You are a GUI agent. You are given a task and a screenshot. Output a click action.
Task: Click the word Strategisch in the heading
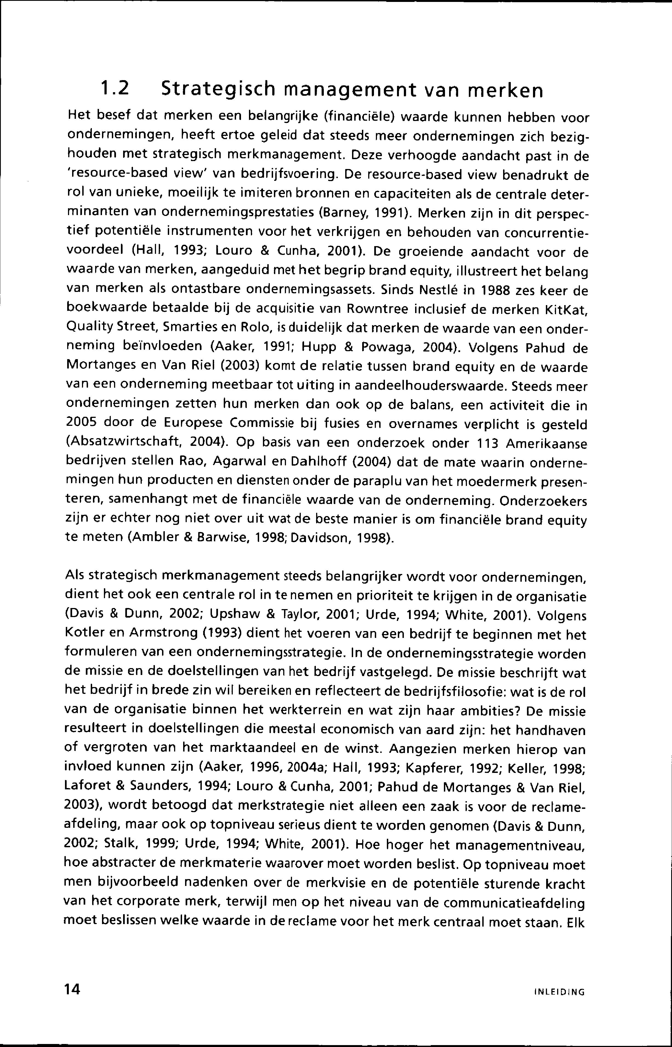pos(219,90)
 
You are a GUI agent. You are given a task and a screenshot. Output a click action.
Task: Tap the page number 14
pos(72,989)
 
